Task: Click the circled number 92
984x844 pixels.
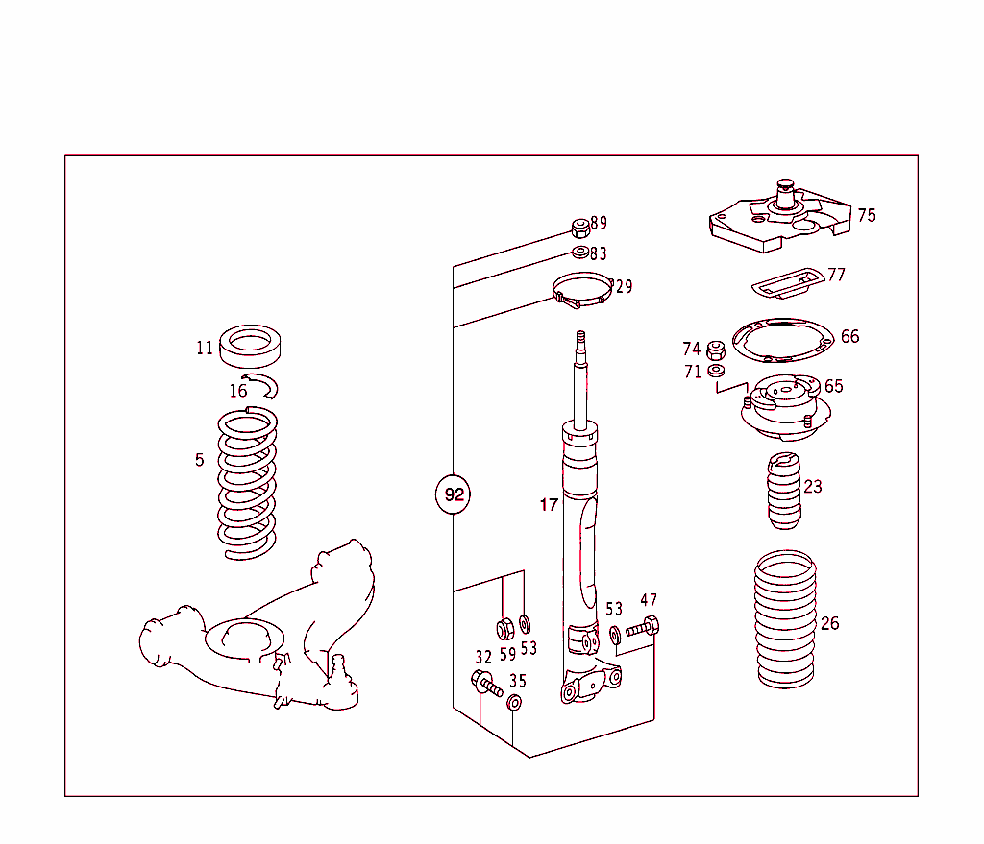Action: coord(454,495)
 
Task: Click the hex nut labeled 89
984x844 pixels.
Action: coord(579,229)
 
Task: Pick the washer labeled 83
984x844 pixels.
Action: coord(579,253)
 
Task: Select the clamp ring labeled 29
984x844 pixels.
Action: coord(581,289)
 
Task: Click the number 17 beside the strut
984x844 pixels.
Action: coord(548,505)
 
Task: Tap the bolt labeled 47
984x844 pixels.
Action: coord(643,630)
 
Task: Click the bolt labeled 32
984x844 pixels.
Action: coord(486,685)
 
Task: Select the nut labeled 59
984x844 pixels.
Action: coord(504,630)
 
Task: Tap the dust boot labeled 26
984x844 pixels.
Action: coord(785,618)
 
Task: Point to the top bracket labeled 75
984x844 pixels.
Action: coord(778,222)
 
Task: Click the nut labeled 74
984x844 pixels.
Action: coord(715,350)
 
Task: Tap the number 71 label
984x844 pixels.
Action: coord(693,372)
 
